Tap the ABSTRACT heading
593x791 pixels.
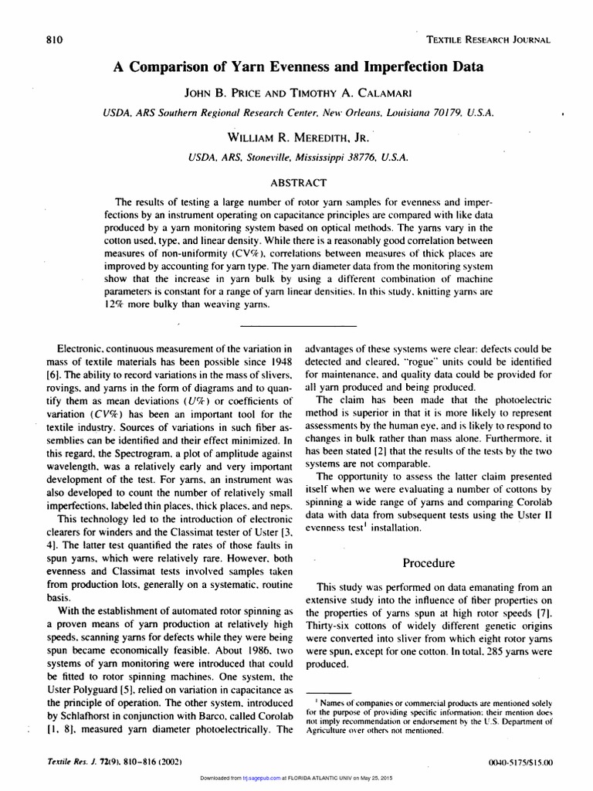click(296, 183)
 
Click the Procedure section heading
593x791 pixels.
click(429, 562)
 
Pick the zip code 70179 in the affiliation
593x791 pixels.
click(431, 113)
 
